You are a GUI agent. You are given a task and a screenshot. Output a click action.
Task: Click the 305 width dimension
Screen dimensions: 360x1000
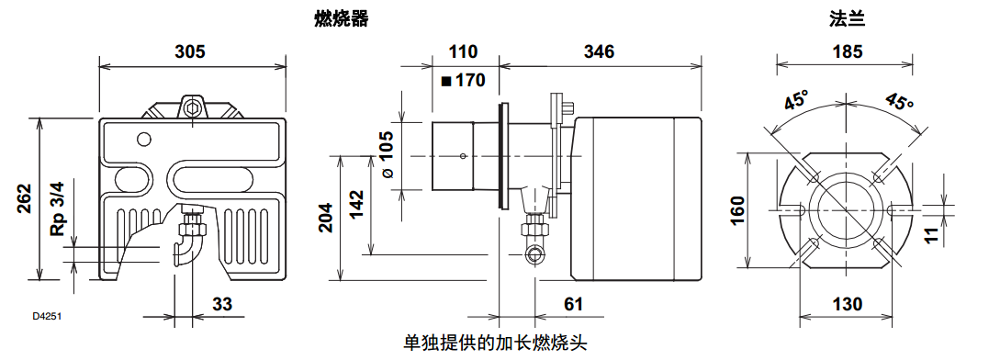(x=190, y=51)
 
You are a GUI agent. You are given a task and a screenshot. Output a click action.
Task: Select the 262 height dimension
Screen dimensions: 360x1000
(x=25, y=199)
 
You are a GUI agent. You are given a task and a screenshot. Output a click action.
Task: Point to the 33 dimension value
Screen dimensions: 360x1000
(x=222, y=303)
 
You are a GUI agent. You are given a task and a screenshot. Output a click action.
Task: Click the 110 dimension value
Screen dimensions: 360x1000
(x=464, y=51)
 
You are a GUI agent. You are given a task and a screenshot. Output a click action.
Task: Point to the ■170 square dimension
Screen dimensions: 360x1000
(x=463, y=80)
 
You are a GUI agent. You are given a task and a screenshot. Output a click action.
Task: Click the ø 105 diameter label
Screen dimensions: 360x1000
(x=387, y=153)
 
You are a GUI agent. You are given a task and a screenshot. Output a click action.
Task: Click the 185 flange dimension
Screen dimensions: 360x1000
(x=847, y=51)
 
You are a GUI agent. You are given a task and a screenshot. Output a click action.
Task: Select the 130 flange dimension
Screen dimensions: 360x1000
(x=846, y=304)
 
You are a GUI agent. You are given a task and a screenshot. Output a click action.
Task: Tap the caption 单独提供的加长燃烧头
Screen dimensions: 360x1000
(x=495, y=343)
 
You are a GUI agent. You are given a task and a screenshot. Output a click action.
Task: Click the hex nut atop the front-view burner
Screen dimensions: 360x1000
(x=192, y=107)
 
